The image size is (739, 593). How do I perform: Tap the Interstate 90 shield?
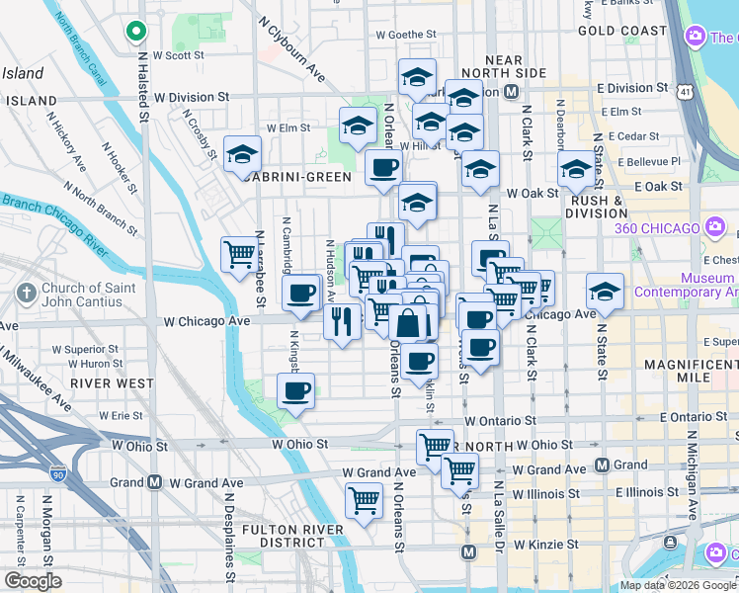click(60, 476)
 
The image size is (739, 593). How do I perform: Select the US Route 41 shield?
click(684, 91)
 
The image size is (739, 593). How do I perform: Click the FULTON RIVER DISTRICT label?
click(293, 537)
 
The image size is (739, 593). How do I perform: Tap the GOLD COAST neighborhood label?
click(622, 31)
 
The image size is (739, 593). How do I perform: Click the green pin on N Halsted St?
click(135, 32)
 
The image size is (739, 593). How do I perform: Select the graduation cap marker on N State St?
click(604, 292)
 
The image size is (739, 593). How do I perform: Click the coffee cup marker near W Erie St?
click(294, 390)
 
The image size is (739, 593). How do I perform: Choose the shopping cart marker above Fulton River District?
click(364, 500)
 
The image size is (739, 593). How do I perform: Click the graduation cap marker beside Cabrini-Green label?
click(242, 154)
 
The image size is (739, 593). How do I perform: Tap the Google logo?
click(33, 581)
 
